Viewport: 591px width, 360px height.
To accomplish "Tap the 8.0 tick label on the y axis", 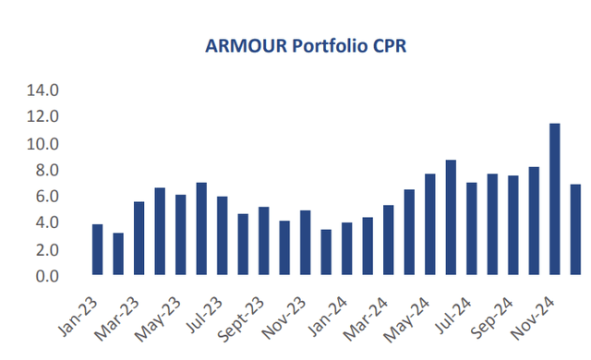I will click(x=45, y=171).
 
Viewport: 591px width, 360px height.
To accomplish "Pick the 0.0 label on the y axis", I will click(x=45, y=276).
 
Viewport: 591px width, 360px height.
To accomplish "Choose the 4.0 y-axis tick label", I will click(x=45, y=223).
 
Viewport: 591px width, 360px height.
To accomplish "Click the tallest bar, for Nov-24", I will click(x=555, y=198).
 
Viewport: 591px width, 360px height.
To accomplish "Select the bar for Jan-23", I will click(x=97, y=249).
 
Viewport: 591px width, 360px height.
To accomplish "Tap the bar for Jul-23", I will click(x=222, y=235).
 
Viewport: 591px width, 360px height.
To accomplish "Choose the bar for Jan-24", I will click(x=346, y=248).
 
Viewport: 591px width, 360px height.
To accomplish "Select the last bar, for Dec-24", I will click(x=575, y=230).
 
